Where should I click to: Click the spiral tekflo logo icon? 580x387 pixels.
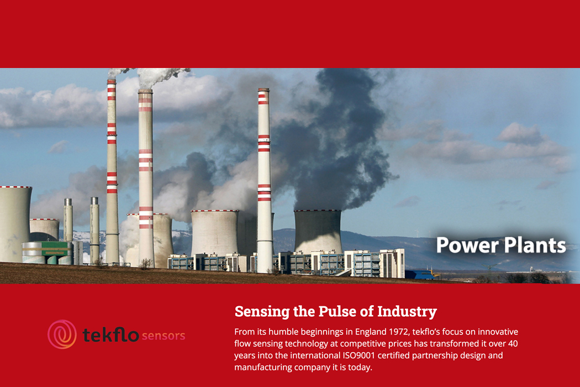point(62,334)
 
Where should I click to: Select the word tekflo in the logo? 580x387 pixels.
point(110,335)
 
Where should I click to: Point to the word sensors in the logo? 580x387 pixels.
point(163,336)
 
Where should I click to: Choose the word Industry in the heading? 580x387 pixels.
point(407,312)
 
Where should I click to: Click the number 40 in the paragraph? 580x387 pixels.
point(513,344)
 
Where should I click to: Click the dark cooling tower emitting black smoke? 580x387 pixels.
point(318,232)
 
